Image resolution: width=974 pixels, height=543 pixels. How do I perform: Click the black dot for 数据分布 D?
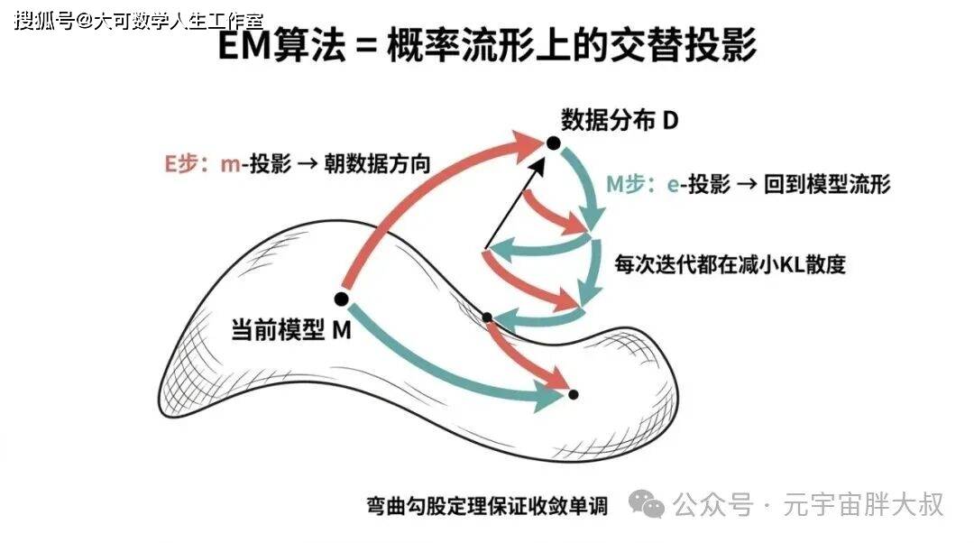553,143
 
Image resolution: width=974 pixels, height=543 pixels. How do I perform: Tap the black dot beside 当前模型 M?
341,299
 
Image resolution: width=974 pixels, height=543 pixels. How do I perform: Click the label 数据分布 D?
620,120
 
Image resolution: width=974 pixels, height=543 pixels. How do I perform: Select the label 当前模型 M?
291,329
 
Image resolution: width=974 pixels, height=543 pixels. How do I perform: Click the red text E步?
181,164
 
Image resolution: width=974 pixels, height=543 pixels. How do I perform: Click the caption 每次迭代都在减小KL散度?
730,264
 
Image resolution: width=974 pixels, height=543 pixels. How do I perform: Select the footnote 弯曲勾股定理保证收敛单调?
487,506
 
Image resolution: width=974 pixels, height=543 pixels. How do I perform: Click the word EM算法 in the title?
282,45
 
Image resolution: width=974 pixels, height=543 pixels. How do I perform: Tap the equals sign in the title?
367,47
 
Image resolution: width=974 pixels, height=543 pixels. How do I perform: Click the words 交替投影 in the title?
683,45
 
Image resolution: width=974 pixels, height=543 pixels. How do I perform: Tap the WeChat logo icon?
646,504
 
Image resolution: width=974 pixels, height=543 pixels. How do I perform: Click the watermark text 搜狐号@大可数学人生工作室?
139,21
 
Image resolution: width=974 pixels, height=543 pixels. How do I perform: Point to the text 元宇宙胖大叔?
863,504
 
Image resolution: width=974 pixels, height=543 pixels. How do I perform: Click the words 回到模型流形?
827,185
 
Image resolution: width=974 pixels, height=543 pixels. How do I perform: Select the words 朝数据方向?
377,164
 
